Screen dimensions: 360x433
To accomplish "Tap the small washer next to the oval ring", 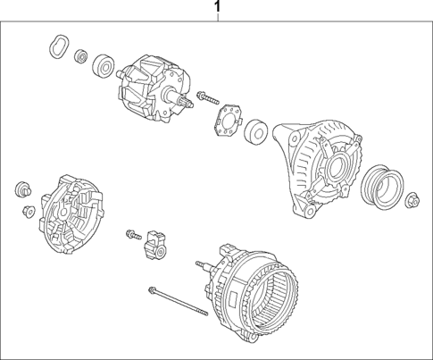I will [x=81, y=57].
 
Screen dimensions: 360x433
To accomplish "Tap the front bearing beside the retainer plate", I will [x=257, y=131].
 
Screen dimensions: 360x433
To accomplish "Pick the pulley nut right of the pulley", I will [x=412, y=201].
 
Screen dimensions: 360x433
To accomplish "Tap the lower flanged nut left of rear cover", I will [x=28, y=212].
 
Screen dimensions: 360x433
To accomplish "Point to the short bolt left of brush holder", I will [x=134, y=233].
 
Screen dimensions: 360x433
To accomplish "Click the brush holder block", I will [x=159, y=245].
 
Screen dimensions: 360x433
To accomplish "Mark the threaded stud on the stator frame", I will [x=203, y=264].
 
